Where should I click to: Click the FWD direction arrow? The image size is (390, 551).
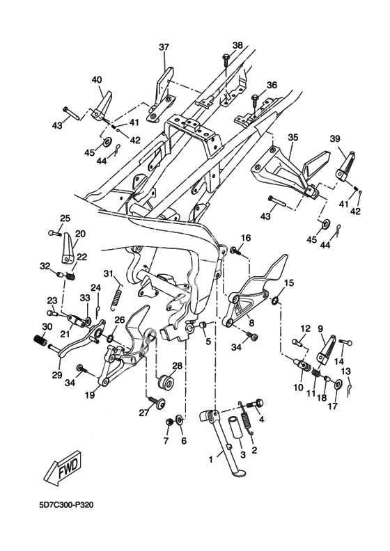click(63, 468)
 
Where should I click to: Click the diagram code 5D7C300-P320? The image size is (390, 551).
click(66, 505)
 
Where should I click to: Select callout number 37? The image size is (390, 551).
click(164, 47)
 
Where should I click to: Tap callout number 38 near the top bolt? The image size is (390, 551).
click(237, 45)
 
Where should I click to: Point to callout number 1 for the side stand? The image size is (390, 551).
click(211, 459)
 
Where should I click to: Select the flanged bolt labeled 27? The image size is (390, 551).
click(157, 403)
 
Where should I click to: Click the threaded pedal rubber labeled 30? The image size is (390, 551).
click(40, 340)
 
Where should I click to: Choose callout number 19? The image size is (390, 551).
click(89, 395)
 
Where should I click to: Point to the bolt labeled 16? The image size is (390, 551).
click(236, 251)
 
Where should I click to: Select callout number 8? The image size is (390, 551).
click(251, 321)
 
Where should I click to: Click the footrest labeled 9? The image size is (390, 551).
click(326, 349)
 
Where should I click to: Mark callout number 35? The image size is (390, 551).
click(293, 136)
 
